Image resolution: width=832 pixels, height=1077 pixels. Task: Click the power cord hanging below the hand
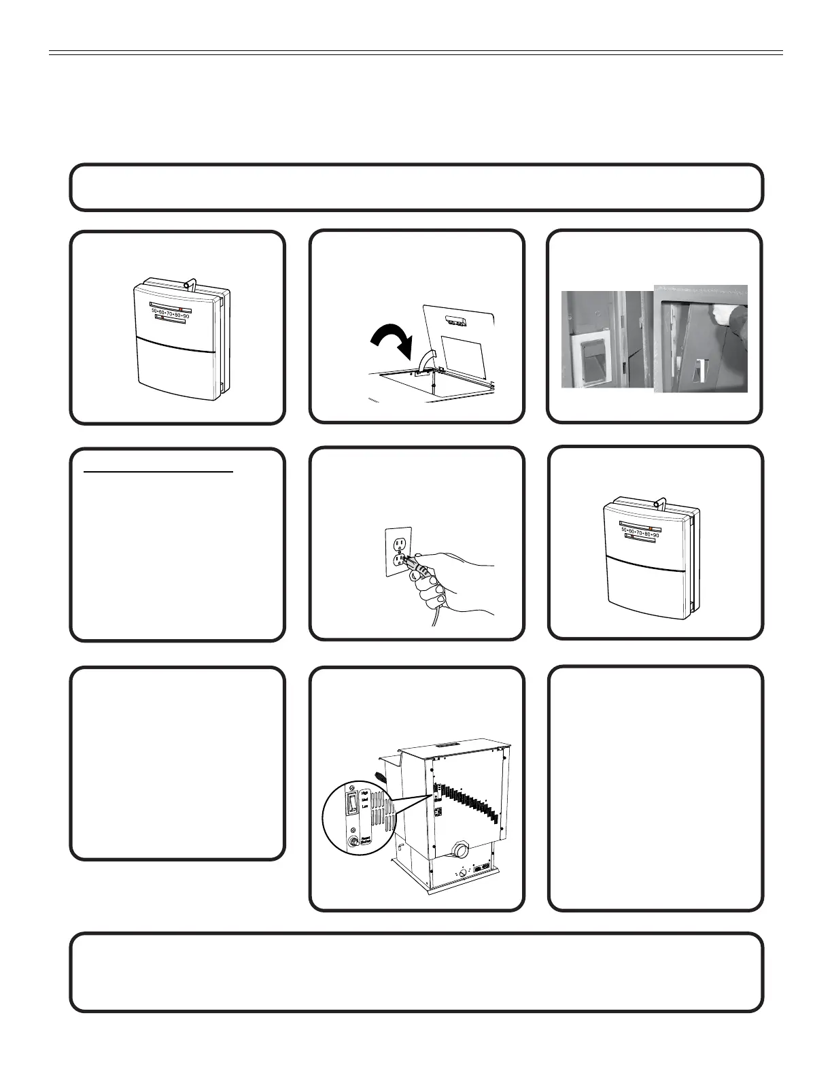point(435,615)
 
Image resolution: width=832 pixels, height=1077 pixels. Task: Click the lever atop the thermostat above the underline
point(192,281)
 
